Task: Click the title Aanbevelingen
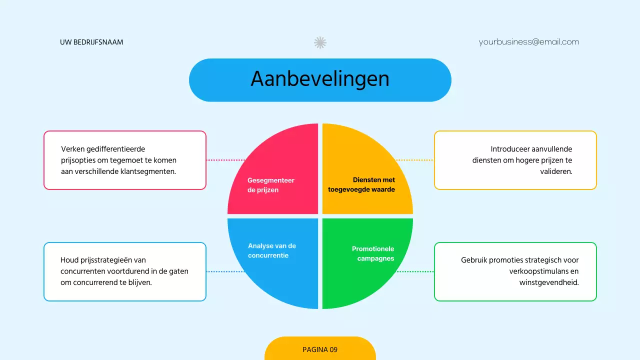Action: (320, 79)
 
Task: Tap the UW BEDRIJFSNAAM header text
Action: (91, 42)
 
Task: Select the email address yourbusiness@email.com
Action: (529, 42)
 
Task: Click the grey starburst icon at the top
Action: (320, 42)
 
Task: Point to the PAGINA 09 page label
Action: (320, 349)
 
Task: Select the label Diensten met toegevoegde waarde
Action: (361, 184)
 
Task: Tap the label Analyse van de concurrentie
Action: (272, 250)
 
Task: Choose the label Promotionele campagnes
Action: (373, 253)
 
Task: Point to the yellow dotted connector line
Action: (414, 160)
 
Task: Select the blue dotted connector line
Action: (225, 271)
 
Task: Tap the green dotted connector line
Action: (415, 271)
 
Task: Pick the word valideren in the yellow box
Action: (555, 171)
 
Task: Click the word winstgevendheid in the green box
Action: (549, 282)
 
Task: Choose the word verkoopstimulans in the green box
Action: (539, 271)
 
